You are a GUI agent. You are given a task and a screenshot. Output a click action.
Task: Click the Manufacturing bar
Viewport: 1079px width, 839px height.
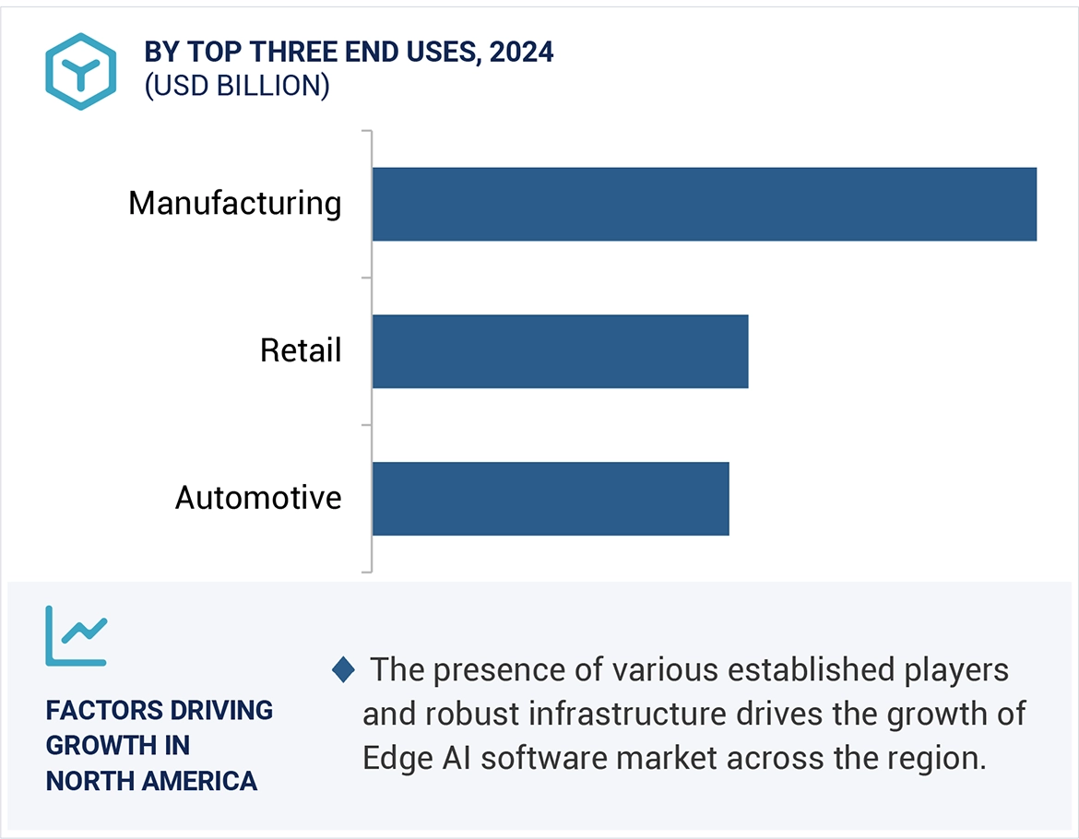point(704,204)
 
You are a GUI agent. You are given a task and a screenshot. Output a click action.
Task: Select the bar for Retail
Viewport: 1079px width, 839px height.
point(560,351)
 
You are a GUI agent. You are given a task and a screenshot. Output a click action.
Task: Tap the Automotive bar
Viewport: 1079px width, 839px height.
point(550,498)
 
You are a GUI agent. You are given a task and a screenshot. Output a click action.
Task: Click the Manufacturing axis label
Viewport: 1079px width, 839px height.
point(234,203)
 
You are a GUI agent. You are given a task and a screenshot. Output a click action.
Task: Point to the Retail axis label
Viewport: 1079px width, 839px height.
point(301,350)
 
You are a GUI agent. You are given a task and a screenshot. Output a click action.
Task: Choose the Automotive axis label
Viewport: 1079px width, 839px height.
point(258,498)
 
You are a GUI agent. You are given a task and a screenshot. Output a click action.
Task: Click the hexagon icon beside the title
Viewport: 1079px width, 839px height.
point(81,71)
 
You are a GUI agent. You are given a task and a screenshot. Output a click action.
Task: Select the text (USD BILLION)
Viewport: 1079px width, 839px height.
point(237,86)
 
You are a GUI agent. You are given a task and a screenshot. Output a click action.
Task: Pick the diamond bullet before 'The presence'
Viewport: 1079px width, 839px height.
point(343,670)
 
